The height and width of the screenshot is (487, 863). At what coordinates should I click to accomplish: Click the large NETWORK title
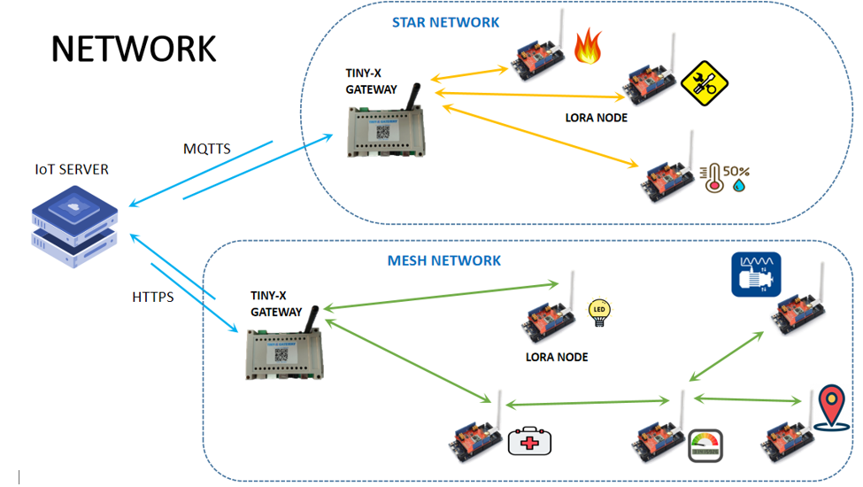(133, 49)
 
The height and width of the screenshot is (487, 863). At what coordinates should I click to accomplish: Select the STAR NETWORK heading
(445, 22)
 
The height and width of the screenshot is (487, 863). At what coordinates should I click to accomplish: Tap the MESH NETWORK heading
(443, 260)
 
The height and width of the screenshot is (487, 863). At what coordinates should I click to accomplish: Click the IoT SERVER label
(72, 169)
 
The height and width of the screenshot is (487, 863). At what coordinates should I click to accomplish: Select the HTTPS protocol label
(152, 297)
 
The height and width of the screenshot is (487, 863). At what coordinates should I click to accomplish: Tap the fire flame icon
(587, 47)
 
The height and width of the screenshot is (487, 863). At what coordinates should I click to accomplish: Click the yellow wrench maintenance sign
(704, 83)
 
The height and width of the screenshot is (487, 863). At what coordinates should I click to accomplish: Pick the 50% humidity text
(737, 169)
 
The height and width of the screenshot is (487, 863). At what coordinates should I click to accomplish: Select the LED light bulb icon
(600, 313)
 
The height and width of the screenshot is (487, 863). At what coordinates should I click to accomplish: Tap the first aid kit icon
(529, 440)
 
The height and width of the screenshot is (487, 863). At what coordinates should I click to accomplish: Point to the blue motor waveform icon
(755, 274)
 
